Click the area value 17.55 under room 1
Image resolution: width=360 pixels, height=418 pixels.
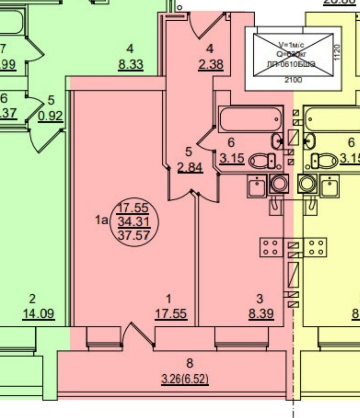click(x=171, y=314)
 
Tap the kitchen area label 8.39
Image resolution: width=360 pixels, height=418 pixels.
click(x=261, y=314)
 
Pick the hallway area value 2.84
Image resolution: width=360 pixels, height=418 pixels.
click(x=190, y=167)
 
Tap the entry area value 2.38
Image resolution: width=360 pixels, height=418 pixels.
click(x=210, y=64)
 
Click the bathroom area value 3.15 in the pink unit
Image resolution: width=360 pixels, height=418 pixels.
click(x=232, y=158)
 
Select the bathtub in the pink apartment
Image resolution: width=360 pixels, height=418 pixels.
click(x=251, y=119)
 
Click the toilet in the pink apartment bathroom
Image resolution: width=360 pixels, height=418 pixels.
click(x=262, y=161)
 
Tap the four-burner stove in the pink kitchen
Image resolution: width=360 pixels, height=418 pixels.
click(x=271, y=247)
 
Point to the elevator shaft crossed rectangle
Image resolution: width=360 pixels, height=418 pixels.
click(x=293, y=55)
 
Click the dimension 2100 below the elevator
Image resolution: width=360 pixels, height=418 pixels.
click(x=293, y=80)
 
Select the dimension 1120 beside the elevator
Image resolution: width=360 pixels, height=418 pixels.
click(x=337, y=53)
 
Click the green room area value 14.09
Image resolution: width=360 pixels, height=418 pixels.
click(x=38, y=314)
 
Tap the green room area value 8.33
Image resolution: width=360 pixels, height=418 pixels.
click(x=130, y=64)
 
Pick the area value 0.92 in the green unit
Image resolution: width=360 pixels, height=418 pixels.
click(x=50, y=116)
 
